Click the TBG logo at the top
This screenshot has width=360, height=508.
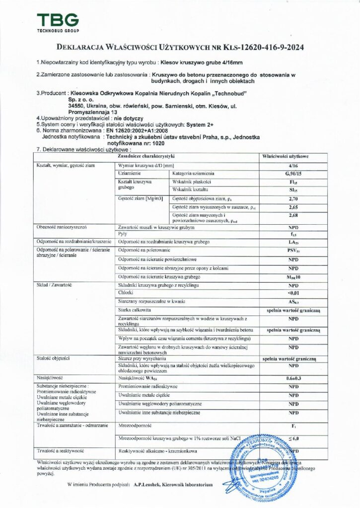tap(58, 22)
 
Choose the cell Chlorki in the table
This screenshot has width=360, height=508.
tap(126, 294)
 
